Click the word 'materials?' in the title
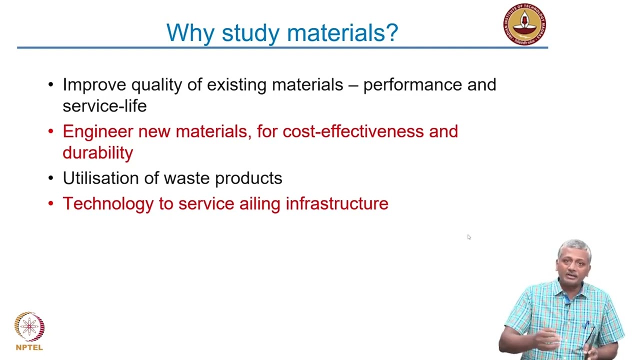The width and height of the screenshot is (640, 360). click(x=342, y=33)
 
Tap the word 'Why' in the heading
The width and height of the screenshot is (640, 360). click(x=190, y=33)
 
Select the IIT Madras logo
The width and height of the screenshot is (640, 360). click(x=524, y=24)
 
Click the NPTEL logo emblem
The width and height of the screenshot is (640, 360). click(x=29, y=327)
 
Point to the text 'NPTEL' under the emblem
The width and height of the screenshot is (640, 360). click(x=29, y=347)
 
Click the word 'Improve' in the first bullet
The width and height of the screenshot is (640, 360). click(x=94, y=85)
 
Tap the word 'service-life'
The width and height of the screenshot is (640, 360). click(x=104, y=106)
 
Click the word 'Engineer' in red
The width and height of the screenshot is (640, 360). click(x=97, y=131)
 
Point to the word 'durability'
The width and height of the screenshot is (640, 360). click(x=97, y=152)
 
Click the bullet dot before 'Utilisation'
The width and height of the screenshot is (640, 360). click(x=50, y=178)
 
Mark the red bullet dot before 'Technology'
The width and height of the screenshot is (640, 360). click(x=50, y=203)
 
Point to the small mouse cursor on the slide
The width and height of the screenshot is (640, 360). click(x=468, y=237)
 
